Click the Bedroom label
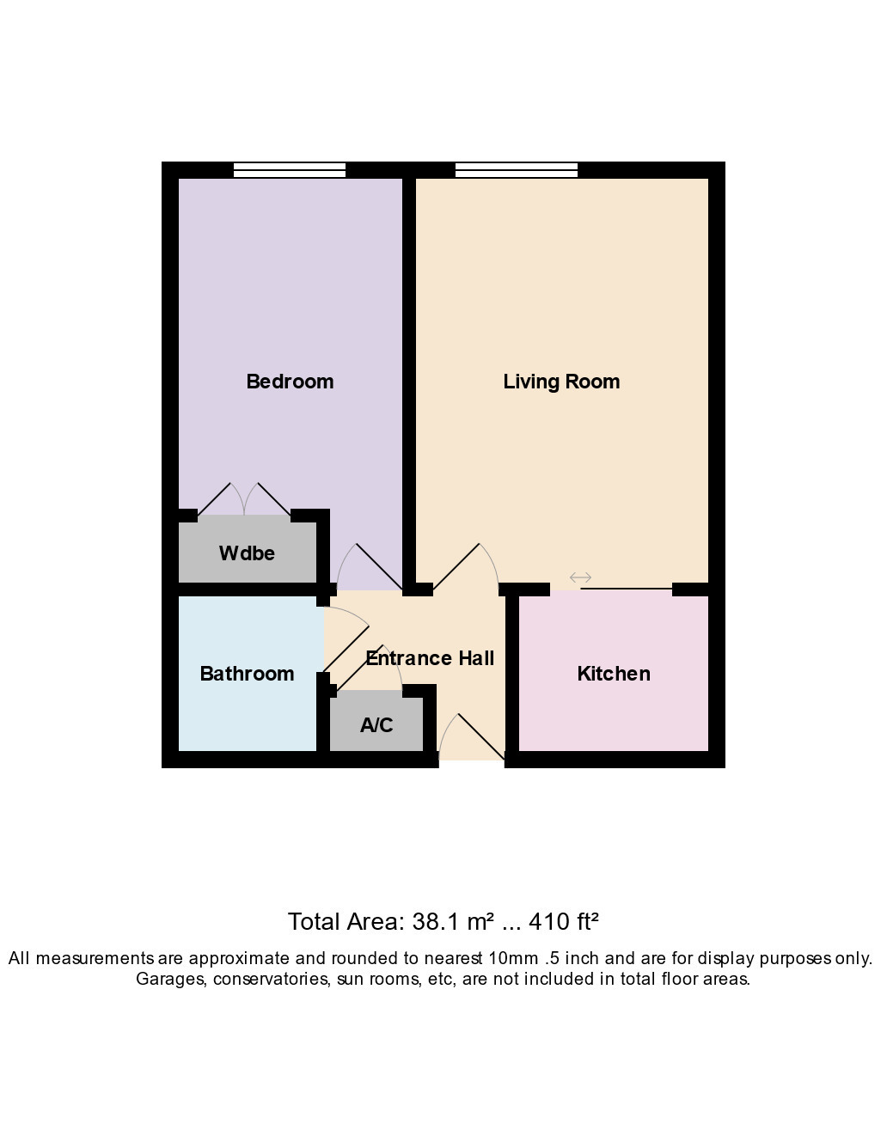pos(290,382)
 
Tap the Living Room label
pos(561,382)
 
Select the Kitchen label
pos(614,674)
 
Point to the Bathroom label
pos(247,674)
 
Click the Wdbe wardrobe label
pos(247,553)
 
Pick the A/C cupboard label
pos(376,724)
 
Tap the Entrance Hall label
pos(430,658)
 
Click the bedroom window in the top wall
pos(289,170)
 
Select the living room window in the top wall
pos(517,170)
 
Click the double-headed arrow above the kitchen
pos(580,577)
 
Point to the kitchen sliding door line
pos(627,589)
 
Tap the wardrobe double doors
pos(244,499)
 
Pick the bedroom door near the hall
pos(369,566)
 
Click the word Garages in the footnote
pos(170,979)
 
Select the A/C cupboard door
pos(369,668)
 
